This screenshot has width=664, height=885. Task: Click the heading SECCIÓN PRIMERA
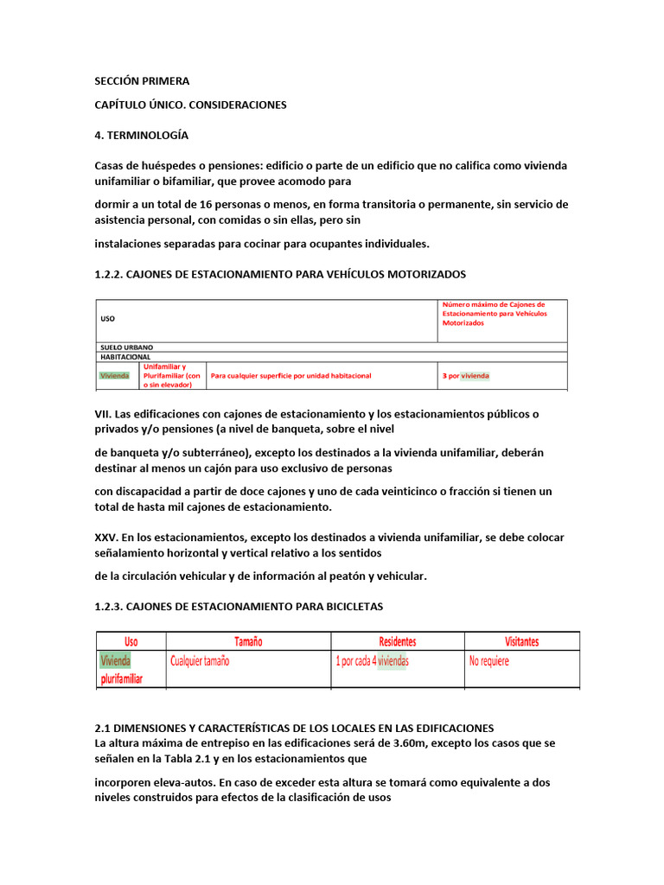click(x=141, y=81)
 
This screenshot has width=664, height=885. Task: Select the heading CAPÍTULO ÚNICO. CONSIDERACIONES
click(x=190, y=105)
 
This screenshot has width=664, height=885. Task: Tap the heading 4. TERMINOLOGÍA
click(x=141, y=136)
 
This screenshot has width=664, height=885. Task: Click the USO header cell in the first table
click(x=107, y=319)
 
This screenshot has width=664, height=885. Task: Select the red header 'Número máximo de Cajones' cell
click(x=493, y=313)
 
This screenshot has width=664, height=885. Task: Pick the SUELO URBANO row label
click(x=126, y=347)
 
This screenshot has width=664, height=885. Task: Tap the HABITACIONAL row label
click(x=125, y=356)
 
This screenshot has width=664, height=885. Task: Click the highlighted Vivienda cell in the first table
click(x=114, y=376)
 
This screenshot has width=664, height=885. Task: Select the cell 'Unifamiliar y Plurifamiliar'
click(x=171, y=376)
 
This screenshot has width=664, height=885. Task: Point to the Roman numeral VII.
click(x=104, y=413)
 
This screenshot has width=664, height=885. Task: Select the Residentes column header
click(x=397, y=641)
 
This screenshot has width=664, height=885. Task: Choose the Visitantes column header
click(x=521, y=641)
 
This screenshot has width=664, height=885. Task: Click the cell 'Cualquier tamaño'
click(x=200, y=661)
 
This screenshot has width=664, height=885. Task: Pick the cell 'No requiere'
click(x=488, y=661)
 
